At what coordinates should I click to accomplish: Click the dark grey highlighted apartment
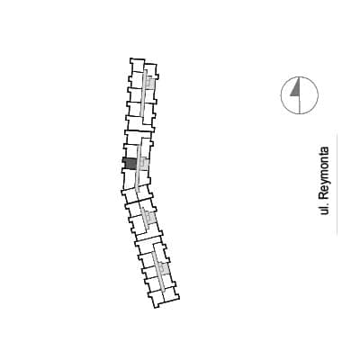click(x=130, y=164)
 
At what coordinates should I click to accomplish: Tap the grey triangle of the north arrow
click(x=296, y=89)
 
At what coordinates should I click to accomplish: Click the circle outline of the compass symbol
click(x=281, y=95)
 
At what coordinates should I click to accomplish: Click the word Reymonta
click(x=325, y=173)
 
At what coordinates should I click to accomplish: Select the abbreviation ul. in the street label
click(x=324, y=209)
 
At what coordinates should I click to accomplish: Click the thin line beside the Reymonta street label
click(x=337, y=184)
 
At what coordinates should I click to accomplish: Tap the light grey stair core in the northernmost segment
click(x=150, y=83)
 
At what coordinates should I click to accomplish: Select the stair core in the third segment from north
click(x=151, y=217)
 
